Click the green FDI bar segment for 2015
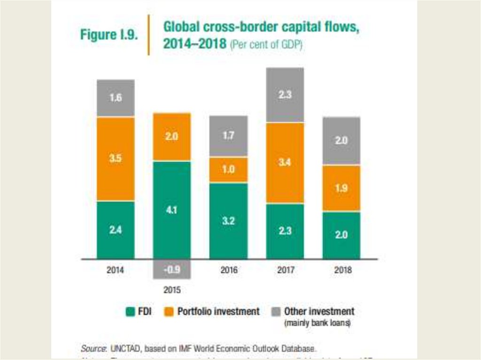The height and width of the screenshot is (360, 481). [x=172, y=209]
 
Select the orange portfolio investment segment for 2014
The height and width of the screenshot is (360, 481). [x=116, y=159]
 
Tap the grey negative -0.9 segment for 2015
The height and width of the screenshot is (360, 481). [x=172, y=269]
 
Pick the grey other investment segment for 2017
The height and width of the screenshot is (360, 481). [x=285, y=95]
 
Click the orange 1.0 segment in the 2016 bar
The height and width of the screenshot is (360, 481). [x=228, y=169]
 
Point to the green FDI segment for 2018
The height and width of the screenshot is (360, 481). [x=341, y=235]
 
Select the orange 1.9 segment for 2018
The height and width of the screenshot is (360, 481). [x=341, y=188]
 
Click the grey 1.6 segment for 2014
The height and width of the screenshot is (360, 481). [x=116, y=98]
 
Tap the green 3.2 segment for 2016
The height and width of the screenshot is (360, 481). [x=228, y=221]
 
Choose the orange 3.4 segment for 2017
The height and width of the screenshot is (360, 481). [x=285, y=163]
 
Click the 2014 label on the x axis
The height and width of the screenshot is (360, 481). [x=116, y=271]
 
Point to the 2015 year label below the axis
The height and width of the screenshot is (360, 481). [x=172, y=290]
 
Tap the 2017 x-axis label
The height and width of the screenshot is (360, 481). [x=285, y=271]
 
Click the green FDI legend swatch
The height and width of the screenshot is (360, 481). [x=131, y=312]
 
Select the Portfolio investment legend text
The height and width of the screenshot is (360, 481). [x=218, y=312]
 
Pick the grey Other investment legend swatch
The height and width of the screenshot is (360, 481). [x=276, y=312]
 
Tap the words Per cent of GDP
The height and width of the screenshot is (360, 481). [x=266, y=45]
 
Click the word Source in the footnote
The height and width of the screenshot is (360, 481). [x=92, y=348]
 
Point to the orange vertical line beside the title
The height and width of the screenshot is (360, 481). [x=149, y=35]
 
